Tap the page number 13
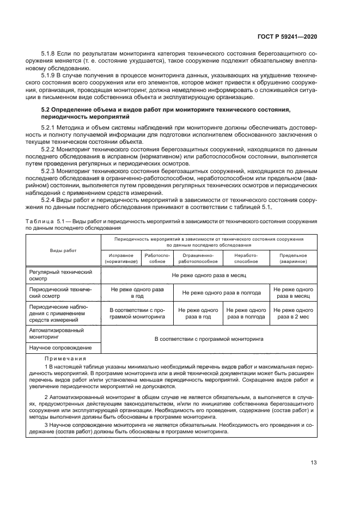coord(313,463)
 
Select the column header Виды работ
coord(64,250)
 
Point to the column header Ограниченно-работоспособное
coord(198,258)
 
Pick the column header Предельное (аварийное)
coord(293,258)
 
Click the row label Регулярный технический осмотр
coord(60,275)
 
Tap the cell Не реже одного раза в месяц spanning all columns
coord(209,276)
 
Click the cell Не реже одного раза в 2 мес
coord(293,313)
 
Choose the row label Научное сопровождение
coord(60,348)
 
